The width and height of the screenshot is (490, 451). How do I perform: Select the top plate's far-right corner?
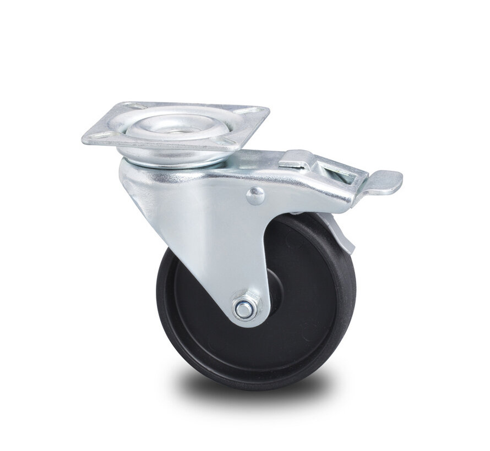[269, 110]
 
